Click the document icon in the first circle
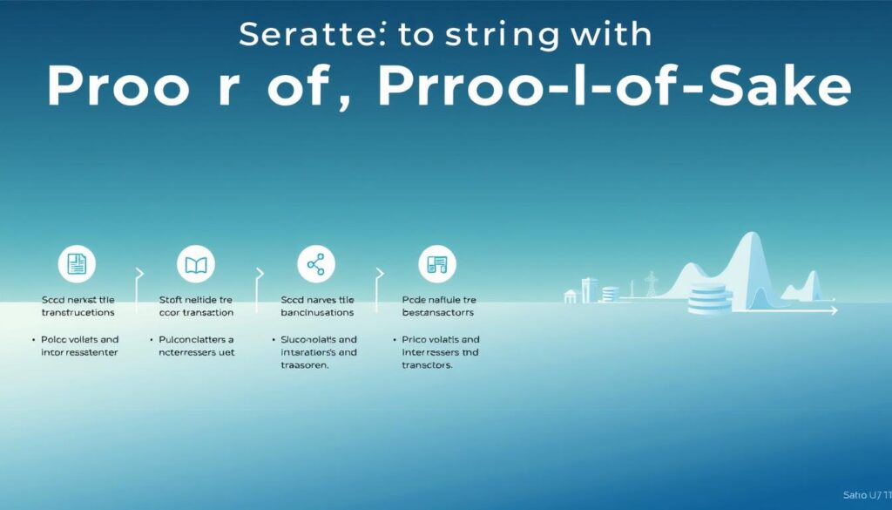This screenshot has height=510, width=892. (75, 262)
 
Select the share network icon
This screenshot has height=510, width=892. (314, 262)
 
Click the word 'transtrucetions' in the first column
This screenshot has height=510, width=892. (77, 311)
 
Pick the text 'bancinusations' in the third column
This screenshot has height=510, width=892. (317, 311)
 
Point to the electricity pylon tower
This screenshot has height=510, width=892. (650, 286)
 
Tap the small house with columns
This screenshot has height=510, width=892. (571, 296)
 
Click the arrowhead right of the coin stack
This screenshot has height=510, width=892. (834, 309)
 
